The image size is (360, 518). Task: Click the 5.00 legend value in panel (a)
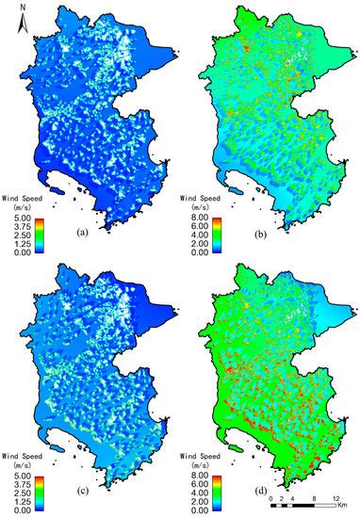pyautogui.click(x=16, y=219)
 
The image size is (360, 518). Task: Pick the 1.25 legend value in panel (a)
pyautogui.click(x=16, y=245)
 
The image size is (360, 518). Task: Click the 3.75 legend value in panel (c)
pyautogui.click(x=16, y=486)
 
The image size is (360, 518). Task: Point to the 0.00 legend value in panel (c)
pyautogui.click(x=16, y=511)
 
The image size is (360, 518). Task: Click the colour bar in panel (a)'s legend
pyautogui.click(x=40, y=235)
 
